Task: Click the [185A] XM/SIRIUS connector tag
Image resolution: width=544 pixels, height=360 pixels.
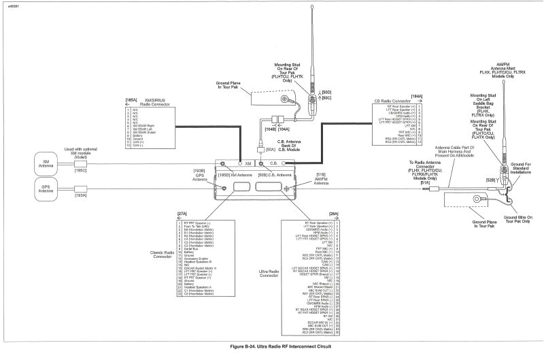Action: point(131,100)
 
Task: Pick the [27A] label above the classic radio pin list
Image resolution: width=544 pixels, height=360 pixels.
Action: point(182,214)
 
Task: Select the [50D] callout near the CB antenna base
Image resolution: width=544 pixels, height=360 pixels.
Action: point(326,91)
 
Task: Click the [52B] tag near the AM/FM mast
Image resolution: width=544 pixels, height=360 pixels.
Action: point(490,179)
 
